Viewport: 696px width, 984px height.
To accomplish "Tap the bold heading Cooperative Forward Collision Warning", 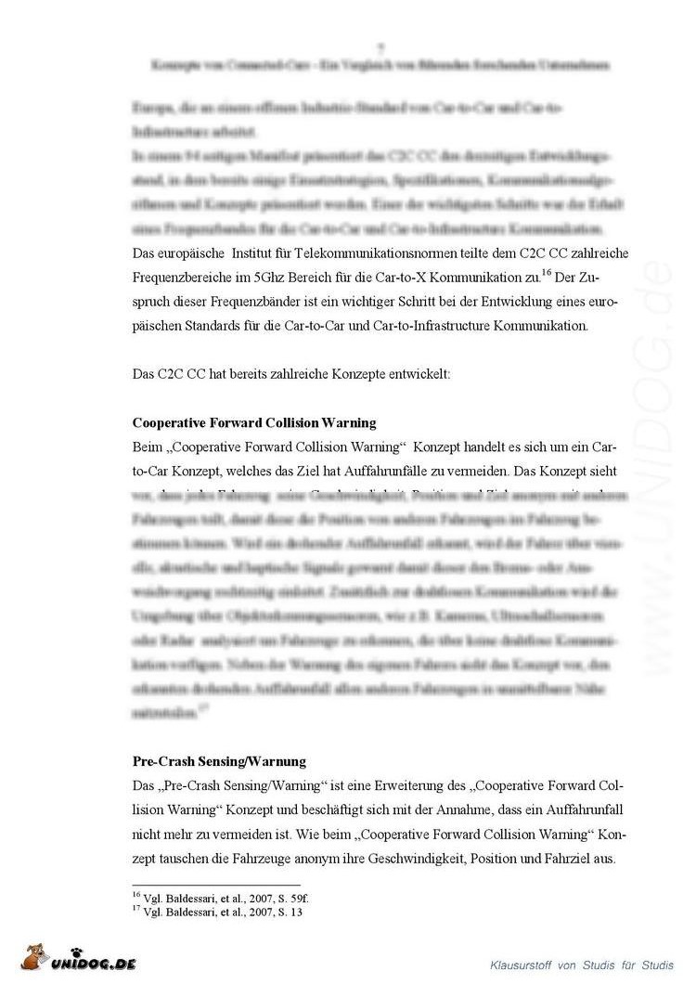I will tap(254, 422).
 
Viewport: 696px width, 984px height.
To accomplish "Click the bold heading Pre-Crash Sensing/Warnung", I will tap(219, 762).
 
